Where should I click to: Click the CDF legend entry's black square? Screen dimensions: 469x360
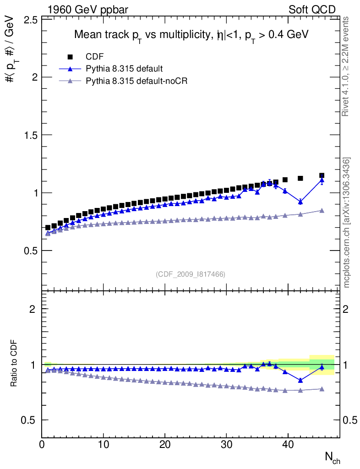[70, 57]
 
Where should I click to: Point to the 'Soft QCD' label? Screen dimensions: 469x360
[312, 9]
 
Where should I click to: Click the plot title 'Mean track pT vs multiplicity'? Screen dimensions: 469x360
[191, 35]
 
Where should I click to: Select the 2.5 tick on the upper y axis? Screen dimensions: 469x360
[31, 19]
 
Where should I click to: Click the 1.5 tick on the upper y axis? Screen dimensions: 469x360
[31, 135]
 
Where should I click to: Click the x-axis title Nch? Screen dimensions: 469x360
[332, 458]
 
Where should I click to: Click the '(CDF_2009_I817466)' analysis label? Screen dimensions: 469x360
[191, 274]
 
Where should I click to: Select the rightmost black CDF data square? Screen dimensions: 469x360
[322, 175]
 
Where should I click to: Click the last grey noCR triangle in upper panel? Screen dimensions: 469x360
[322, 211]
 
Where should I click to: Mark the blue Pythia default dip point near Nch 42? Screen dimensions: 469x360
[300, 202]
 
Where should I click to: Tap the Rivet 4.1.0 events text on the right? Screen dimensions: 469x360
[346, 66]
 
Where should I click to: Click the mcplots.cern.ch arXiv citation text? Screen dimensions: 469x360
[346, 223]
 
